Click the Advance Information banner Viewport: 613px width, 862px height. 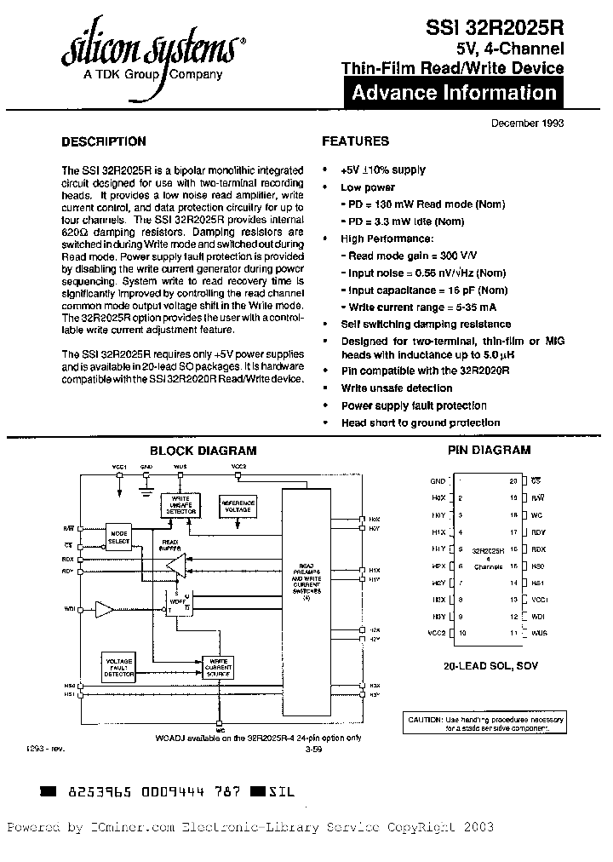coord(454,93)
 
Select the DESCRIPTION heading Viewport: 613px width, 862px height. coord(104,141)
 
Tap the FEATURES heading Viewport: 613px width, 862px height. coord(355,141)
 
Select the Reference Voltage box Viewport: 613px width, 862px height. coord(238,505)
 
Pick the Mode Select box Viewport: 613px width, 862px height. coord(118,537)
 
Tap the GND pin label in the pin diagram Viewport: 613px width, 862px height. coord(438,481)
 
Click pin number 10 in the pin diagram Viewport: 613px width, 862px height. coord(462,634)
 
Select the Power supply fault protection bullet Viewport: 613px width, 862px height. coord(414,406)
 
